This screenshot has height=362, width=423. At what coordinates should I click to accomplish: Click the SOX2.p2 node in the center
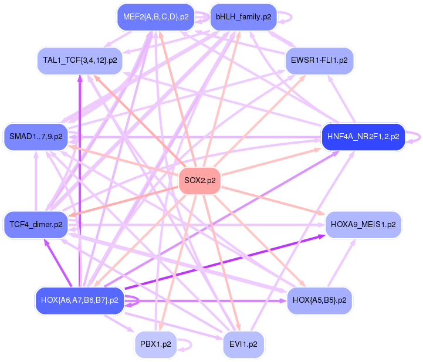[200, 181]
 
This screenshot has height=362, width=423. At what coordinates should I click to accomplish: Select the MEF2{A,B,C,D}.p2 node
[155, 17]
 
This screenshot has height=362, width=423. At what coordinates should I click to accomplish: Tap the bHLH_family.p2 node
[243, 17]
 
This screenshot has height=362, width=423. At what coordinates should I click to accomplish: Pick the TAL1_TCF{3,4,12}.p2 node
[80, 60]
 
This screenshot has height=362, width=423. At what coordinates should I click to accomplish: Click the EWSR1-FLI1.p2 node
[319, 60]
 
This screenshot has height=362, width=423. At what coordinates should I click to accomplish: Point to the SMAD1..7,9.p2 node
[36, 137]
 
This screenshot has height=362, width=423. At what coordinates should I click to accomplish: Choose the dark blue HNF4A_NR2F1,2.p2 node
[363, 137]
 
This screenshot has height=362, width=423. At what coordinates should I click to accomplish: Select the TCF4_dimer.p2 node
[36, 225]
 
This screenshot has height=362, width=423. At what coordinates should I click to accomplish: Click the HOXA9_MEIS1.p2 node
[363, 225]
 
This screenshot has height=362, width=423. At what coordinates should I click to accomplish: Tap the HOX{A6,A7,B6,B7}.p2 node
[80, 301]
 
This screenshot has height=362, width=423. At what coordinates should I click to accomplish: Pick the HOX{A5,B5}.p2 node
[319, 301]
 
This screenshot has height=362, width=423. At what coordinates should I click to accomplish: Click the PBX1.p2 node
[155, 344]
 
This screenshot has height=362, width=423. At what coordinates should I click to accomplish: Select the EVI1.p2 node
[243, 344]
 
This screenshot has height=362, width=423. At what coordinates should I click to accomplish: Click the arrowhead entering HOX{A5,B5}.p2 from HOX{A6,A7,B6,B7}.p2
[283, 301]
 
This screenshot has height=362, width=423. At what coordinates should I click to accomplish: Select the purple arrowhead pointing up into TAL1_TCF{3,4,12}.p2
[80, 79]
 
